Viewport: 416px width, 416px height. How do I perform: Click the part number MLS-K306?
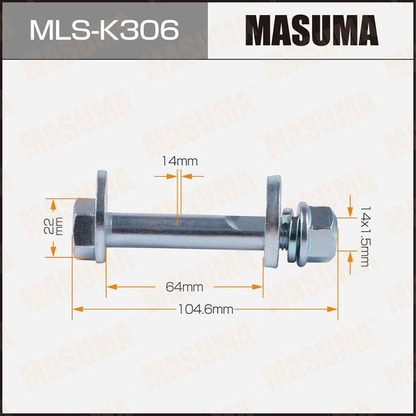[103, 30]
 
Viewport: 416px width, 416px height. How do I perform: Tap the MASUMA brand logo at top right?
[312, 30]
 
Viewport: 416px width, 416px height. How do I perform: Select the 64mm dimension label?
[185, 287]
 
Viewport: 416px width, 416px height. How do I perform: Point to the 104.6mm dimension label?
[206, 309]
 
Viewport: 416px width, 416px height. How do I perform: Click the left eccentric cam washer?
[102, 215]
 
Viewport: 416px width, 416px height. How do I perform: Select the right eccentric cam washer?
[271, 221]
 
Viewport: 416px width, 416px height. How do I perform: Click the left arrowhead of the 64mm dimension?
[111, 286]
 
